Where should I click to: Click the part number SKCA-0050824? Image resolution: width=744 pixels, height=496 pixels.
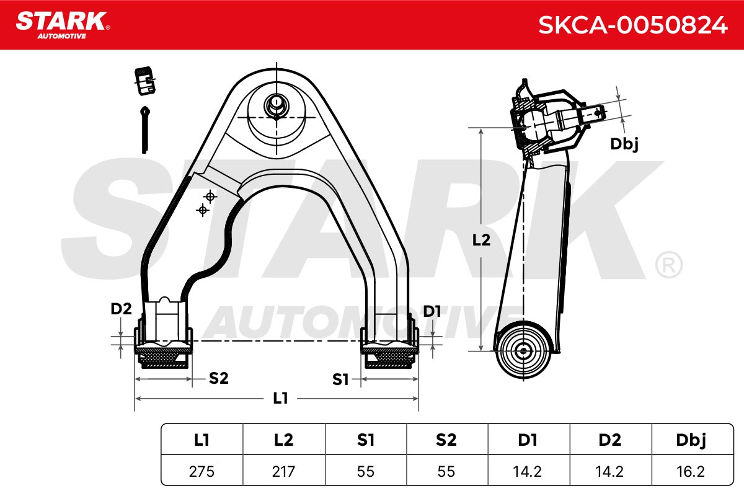tap(633, 25)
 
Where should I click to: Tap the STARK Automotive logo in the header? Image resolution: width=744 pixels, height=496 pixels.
tap(63, 25)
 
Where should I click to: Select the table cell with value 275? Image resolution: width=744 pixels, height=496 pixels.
tap(201, 471)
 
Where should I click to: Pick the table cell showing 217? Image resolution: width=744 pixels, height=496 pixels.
tap(284, 471)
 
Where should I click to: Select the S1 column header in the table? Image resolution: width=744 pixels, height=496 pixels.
tap(366, 440)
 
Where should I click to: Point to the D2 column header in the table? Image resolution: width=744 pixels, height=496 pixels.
tap(611, 440)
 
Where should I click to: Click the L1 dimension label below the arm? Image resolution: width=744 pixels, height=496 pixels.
tap(280, 398)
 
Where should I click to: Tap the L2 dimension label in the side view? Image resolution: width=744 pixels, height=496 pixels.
tap(481, 239)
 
